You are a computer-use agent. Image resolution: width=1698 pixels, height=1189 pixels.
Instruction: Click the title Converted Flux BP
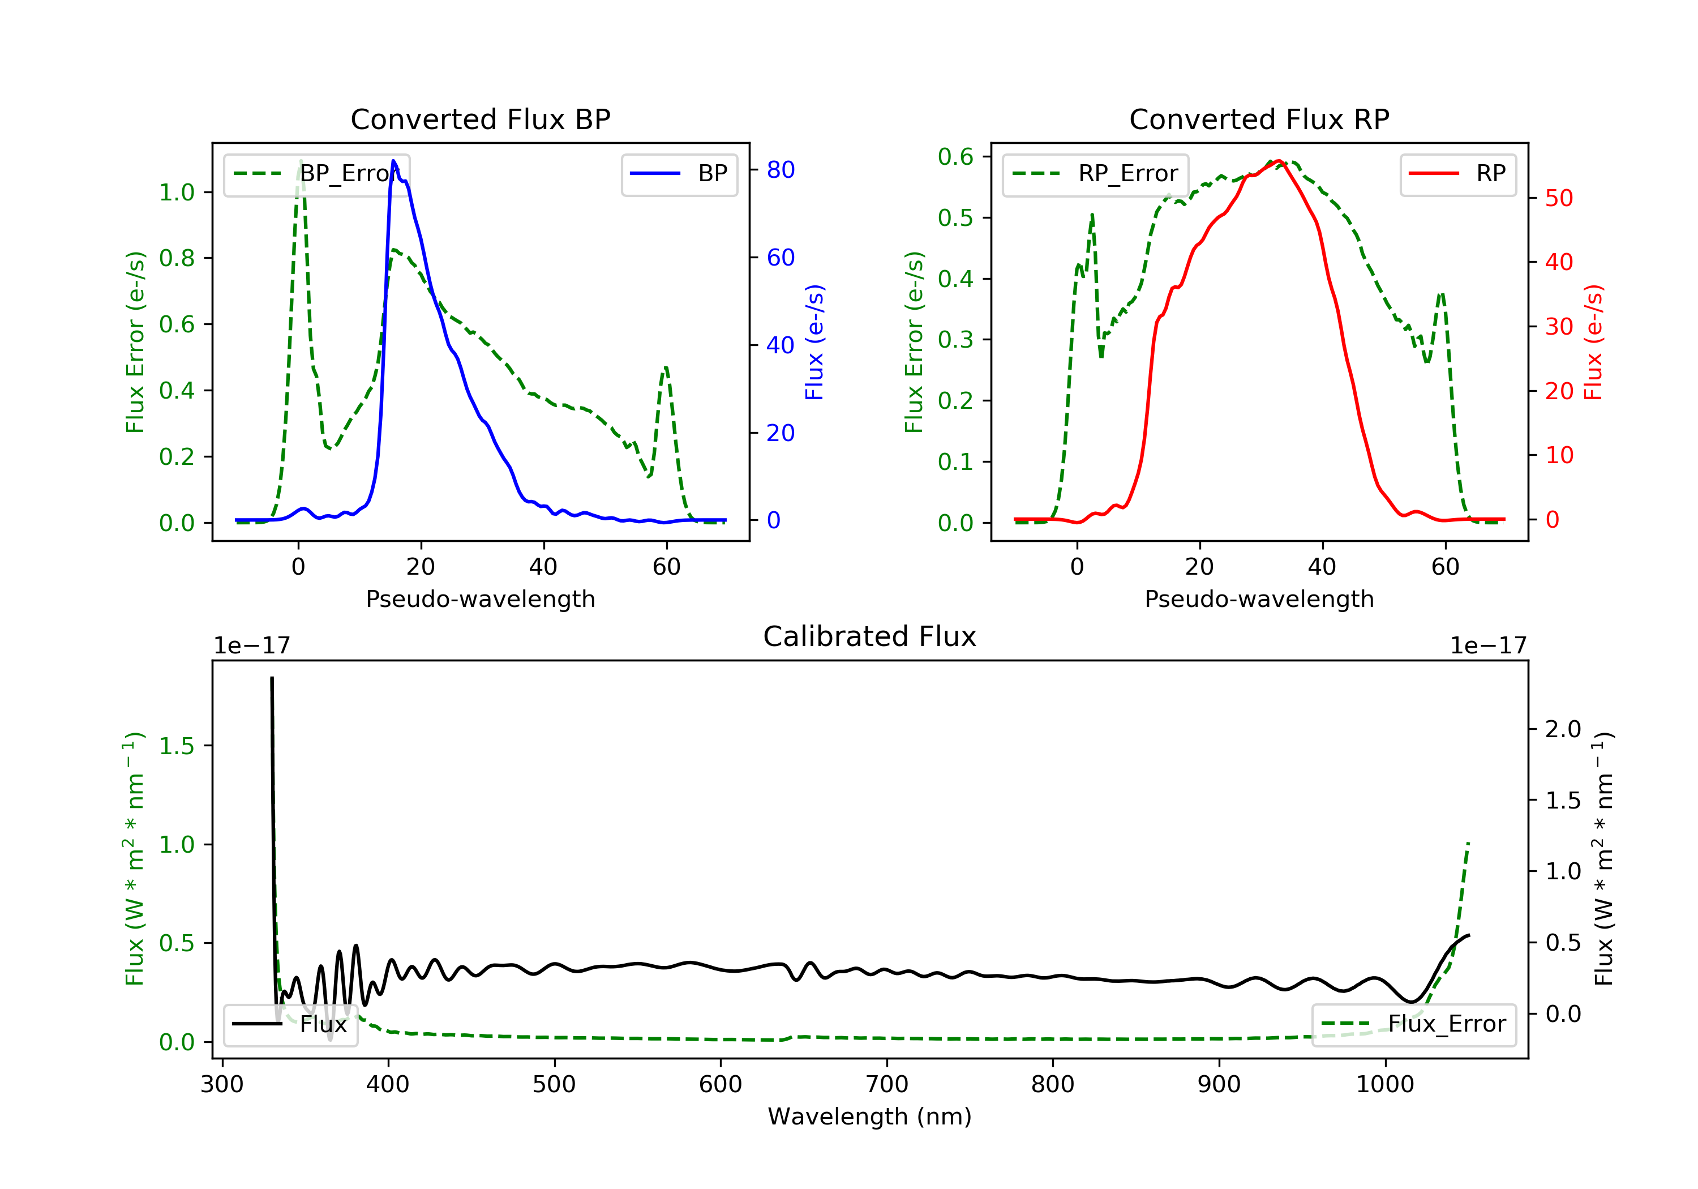click(480, 119)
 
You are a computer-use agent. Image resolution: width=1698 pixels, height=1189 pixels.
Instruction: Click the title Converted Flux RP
click(1259, 119)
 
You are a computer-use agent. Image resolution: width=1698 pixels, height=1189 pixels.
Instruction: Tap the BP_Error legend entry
click(316, 174)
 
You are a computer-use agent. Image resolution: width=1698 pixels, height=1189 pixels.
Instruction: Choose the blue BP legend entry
click(679, 174)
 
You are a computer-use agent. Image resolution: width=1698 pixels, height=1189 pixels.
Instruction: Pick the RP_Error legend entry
click(1095, 174)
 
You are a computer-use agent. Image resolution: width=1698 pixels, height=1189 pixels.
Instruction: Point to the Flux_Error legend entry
click(1413, 1024)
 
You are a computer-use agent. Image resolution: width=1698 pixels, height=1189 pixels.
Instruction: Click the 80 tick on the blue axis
click(780, 170)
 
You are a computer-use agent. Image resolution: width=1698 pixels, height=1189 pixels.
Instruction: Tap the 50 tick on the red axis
click(1559, 198)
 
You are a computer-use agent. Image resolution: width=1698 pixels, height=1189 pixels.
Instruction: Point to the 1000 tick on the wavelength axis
click(1384, 1085)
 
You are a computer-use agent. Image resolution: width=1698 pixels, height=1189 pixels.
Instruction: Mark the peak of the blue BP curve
click(393, 161)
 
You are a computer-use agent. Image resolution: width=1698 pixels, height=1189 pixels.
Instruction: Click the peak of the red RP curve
click(1278, 161)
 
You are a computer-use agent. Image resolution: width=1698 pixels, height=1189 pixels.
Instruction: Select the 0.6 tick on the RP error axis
click(955, 157)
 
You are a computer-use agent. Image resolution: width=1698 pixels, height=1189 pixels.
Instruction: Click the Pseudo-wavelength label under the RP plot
click(1259, 598)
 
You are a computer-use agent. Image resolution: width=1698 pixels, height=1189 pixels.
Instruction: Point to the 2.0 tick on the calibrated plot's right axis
click(1563, 729)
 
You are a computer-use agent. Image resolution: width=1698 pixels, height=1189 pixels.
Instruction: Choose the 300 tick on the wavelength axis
click(222, 1085)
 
